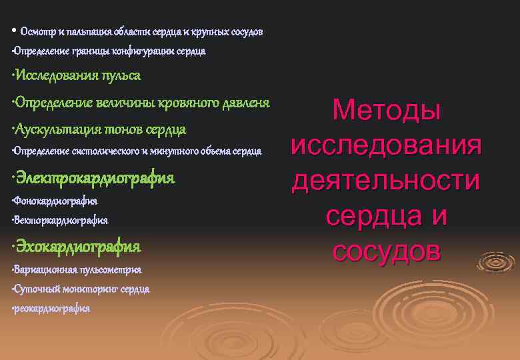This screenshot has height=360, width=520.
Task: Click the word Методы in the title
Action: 387,110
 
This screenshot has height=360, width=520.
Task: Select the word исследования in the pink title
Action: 387,145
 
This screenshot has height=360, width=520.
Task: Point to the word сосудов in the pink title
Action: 387,251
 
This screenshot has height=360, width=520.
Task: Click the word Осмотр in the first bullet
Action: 35,31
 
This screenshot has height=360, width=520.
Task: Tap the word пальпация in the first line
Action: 86,31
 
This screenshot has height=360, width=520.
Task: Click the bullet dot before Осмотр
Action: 13,31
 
